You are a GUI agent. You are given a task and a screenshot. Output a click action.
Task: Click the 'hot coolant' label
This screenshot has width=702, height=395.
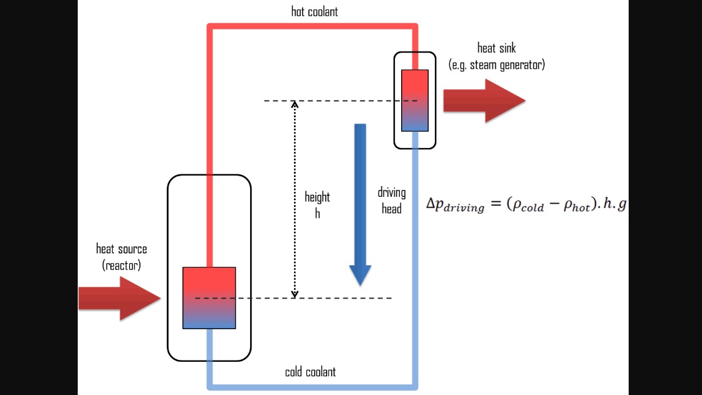pyautogui.click(x=314, y=12)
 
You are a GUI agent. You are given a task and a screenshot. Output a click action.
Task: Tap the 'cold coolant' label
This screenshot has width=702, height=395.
pyautogui.click(x=310, y=372)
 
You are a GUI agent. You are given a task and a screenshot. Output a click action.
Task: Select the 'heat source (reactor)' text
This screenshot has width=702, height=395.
pyautogui.click(x=122, y=257)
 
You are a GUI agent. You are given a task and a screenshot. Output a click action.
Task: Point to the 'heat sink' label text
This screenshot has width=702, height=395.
pyautogui.click(x=496, y=48)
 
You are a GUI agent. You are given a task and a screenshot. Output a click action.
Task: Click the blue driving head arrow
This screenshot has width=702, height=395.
pyautogui.click(x=360, y=204)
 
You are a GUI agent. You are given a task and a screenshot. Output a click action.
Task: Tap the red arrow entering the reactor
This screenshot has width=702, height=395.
pyautogui.click(x=120, y=298)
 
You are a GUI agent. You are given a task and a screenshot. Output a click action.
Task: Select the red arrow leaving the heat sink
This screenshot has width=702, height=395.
pyautogui.click(x=485, y=101)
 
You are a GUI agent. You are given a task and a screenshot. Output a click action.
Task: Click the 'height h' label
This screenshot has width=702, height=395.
pyautogui.click(x=317, y=204)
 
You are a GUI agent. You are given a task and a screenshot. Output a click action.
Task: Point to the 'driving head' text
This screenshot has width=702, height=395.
pyautogui.click(x=392, y=201)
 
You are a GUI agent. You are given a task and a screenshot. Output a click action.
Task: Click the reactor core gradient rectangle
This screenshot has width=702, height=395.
pyautogui.click(x=209, y=298)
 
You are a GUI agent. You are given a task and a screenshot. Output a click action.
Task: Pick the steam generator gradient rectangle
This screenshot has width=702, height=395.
pyautogui.click(x=414, y=100)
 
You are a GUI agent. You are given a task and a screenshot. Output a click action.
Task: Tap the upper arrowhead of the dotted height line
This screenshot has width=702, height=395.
pyautogui.click(x=295, y=104)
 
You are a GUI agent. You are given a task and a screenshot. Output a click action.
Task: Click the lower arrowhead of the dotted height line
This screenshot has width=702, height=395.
pyautogui.click(x=295, y=294)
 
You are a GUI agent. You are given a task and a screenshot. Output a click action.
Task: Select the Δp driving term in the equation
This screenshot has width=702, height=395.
pyautogui.click(x=455, y=205)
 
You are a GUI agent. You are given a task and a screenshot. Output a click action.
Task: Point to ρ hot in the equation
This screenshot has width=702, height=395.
pyautogui.click(x=577, y=205)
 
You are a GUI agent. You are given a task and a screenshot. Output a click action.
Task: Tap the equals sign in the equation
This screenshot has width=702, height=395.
pyautogui.click(x=496, y=204)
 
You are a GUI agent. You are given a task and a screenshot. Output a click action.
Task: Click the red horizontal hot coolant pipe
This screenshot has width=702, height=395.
pyautogui.click(x=313, y=26)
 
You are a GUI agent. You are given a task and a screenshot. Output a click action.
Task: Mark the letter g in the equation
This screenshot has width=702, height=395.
pyautogui.click(x=622, y=205)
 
